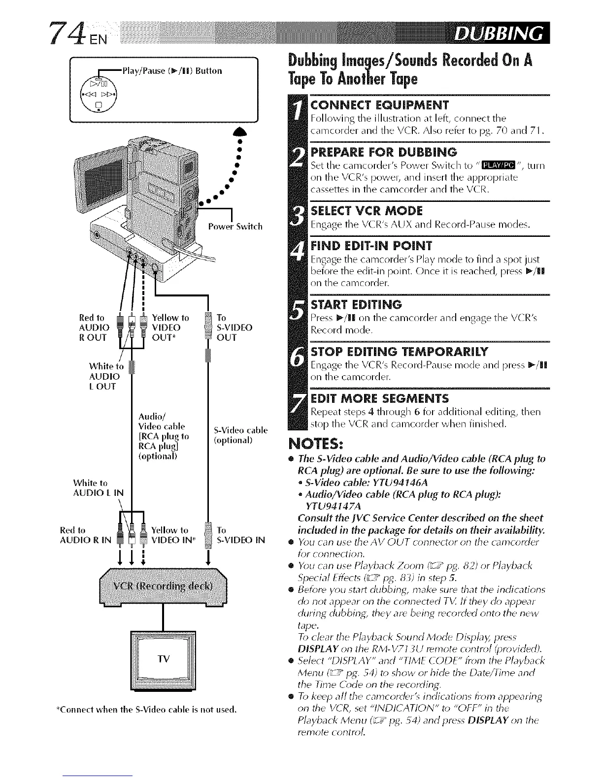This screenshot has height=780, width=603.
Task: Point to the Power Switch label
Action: click(235, 227)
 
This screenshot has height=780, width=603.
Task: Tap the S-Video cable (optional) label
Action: click(240, 435)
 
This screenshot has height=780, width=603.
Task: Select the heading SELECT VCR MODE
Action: click(368, 211)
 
